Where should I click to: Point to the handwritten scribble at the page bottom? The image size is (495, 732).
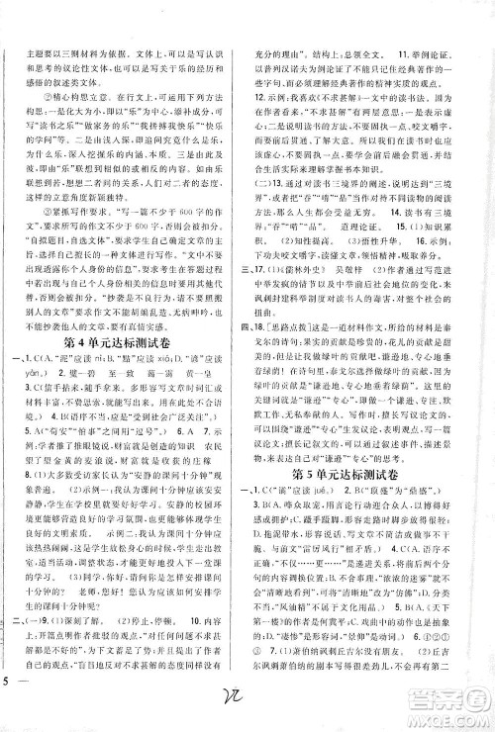tap(235, 709)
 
